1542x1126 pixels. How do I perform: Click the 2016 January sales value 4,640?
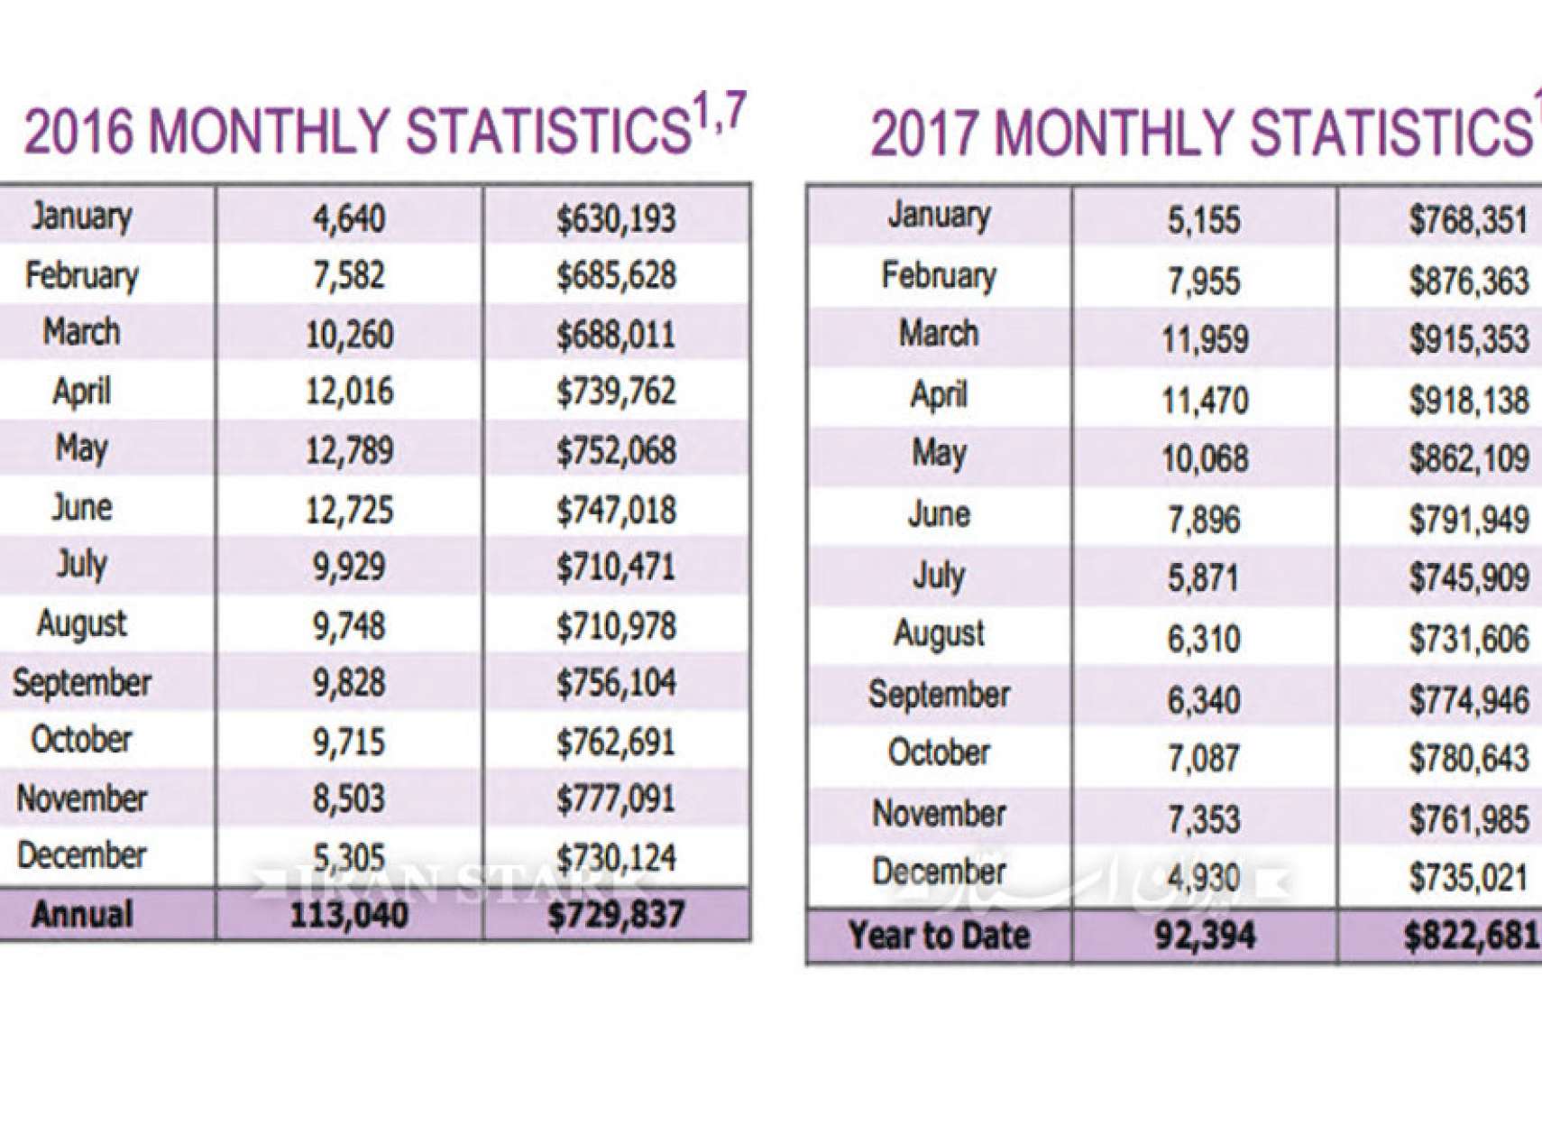tap(348, 218)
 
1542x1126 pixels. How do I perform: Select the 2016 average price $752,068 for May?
tap(615, 450)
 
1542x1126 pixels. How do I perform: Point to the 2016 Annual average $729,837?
tap(615, 915)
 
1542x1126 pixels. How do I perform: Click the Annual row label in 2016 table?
tap(82, 915)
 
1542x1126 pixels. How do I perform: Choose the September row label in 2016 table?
tap(82, 683)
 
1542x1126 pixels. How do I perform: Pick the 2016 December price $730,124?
tap(615, 857)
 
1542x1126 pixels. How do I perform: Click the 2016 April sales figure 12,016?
tap(349, 392)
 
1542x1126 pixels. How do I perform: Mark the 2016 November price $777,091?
tap(615, 798)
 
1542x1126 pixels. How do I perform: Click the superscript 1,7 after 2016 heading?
tap(719, 117)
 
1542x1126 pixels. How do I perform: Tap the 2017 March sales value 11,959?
tap(1204, 339)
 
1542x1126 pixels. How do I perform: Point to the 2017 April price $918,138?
tap(1468, 400)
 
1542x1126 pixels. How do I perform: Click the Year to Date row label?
tap(939, 936)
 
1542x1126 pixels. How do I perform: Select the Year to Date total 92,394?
tap(1204, 936)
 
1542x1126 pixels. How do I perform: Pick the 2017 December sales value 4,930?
tap(1204, 877)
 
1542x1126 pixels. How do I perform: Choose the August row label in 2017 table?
tap(939, 634)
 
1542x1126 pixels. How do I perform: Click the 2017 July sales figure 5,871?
tap(1204, 578)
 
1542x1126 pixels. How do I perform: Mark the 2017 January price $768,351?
tap(1468, 220)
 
